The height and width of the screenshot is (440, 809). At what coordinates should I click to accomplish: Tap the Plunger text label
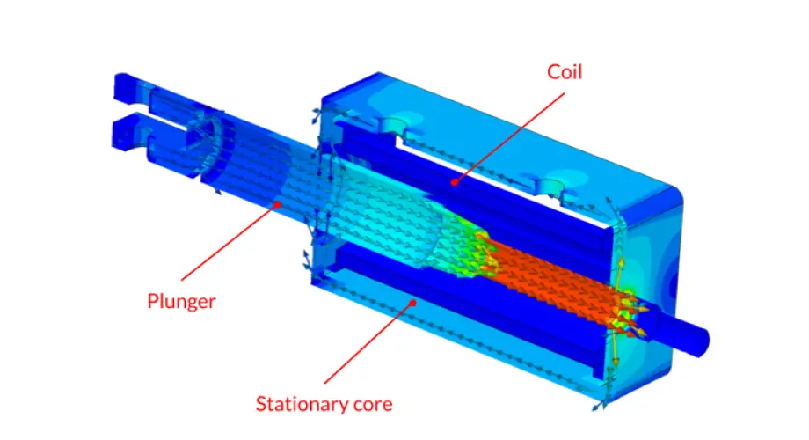[x=181, y=301]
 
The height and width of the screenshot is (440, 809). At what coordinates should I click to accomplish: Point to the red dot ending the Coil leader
[x=454, y=182]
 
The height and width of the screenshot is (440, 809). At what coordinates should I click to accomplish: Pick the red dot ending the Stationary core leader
[x=410, y=302]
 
